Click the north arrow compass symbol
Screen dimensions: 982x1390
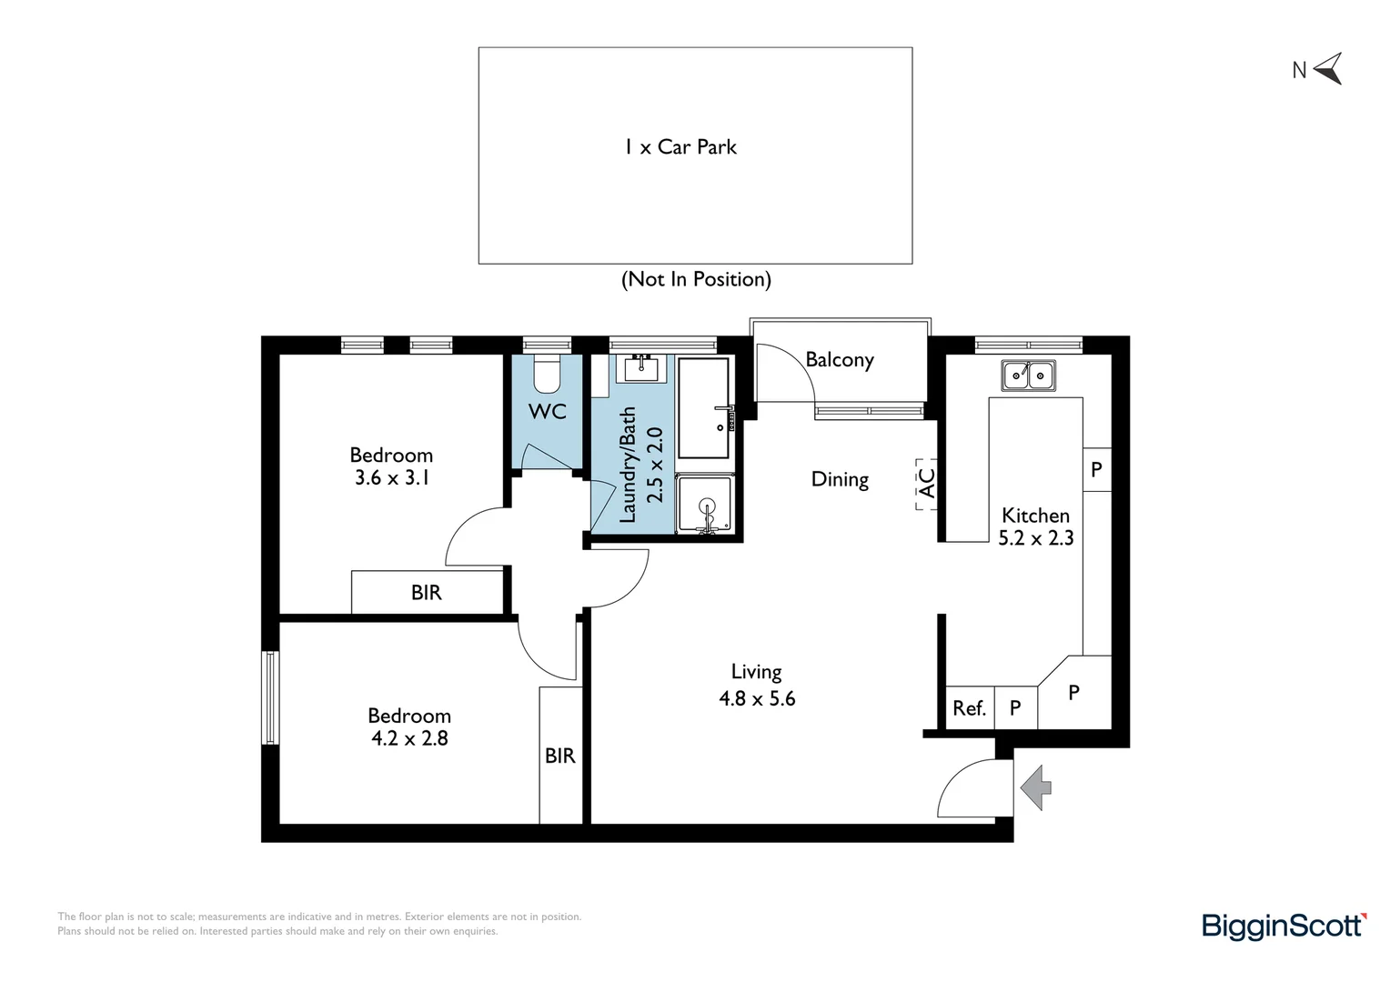click(x=1327, y=69)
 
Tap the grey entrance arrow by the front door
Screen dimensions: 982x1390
click(x=1036, y=787)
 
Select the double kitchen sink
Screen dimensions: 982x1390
click(x=1028, y=375)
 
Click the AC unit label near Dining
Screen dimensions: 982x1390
click(x=926, y=484)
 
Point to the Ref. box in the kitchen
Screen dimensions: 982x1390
click(x=970, y=707)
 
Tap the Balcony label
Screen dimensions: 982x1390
click(x=839, y=360)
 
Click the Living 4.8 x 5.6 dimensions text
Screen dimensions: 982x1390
click(x=757, y=698)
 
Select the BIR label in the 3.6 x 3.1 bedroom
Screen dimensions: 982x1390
click(x=426, y=593)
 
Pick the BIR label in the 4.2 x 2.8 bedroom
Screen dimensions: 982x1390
click(x=560, y=756)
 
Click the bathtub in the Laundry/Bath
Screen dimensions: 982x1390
click(x=704, y=407)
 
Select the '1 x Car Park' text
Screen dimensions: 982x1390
click(x=680, y=147)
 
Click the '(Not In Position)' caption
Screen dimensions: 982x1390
click(x=696, y=279)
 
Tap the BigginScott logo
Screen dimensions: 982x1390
click(x=1284, y=926)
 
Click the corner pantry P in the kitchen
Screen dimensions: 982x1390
click(x=1074, y=692)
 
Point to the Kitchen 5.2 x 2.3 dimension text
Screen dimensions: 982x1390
click(x=1036, y=538)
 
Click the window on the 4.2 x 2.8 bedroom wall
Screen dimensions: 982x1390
click(x=270, y=697)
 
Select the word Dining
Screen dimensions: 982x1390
click(x=840, y=479)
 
